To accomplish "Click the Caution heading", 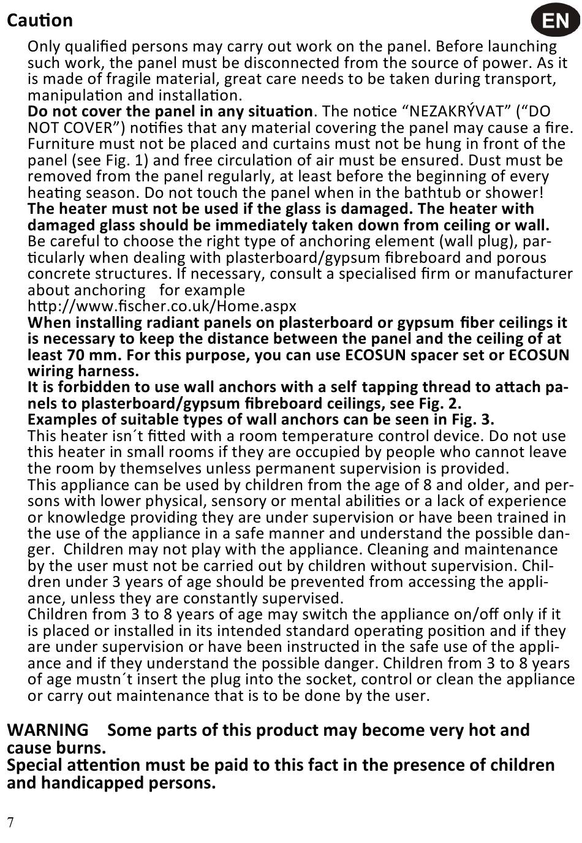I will tap(40, 20).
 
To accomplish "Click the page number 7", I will tap(10, 822).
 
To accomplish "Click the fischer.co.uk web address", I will tap(162, 306).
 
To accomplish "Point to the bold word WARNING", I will tap(48, 730).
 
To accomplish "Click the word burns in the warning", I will tap(81, 748).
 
